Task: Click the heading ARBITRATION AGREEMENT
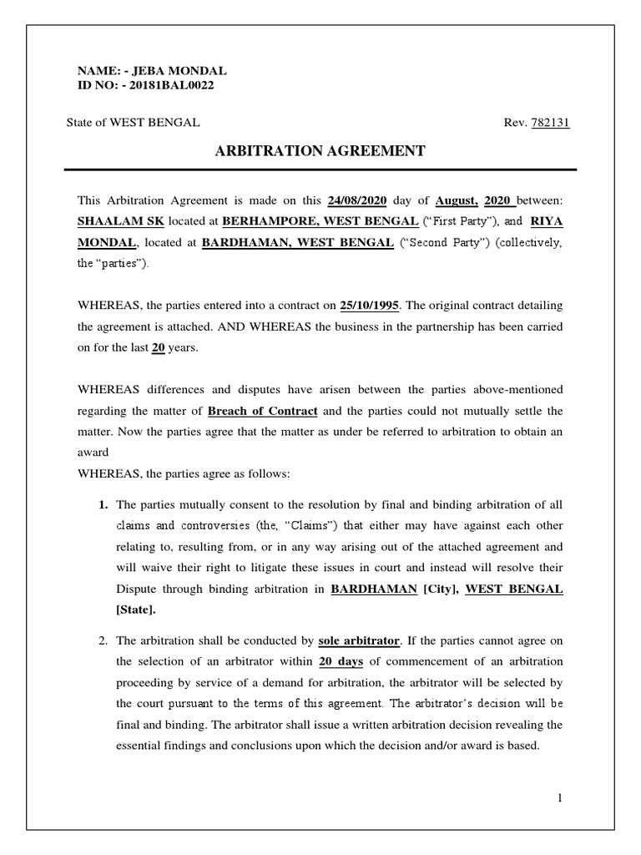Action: pyautogui.click(x=321, y=150)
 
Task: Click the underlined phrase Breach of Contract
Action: pyautogui.click(x=262, y=412)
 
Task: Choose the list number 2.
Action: pyautogui.click(x=103, y=641)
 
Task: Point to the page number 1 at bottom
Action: pyautogui.click(x=562, y=798)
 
